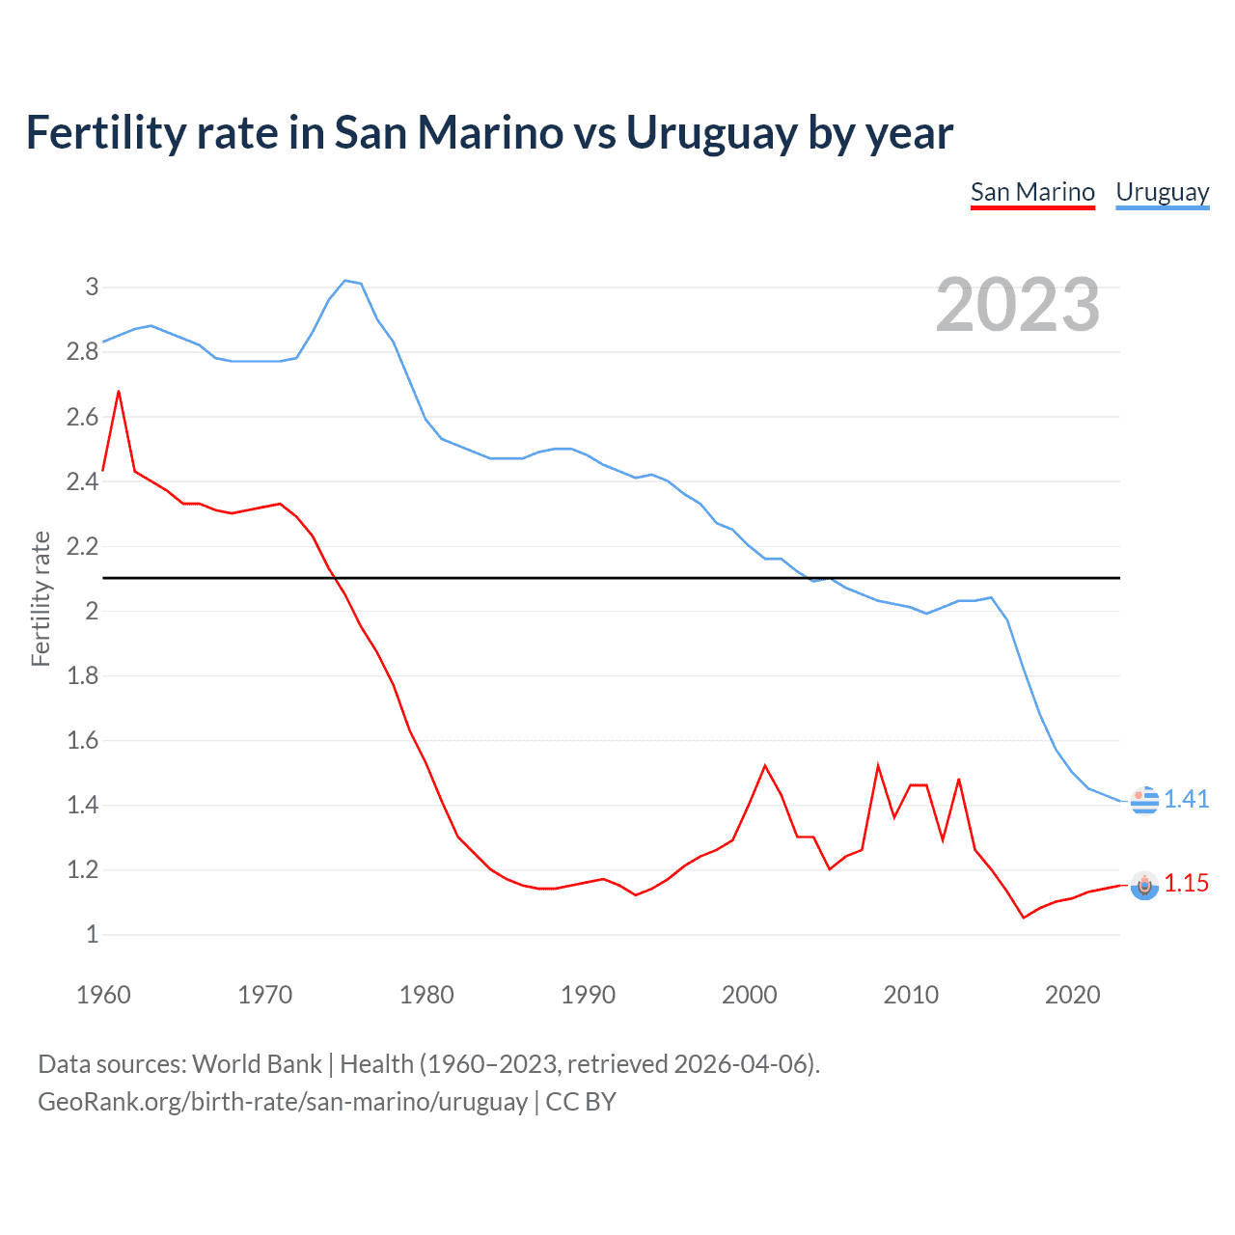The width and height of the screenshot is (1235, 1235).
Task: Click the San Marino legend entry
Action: pyautogui.click(x=1032, y=192)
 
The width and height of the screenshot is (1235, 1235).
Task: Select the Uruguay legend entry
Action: pyautogui.click(x=1162, y=192)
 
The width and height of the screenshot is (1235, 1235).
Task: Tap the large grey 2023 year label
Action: pyautogui.click(x=1018, y=305)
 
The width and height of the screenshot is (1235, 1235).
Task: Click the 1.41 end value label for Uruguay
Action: pyautogui.click(x=1186, y=799)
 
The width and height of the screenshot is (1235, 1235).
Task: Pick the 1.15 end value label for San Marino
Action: pyautogui.click(x=1186, y=883)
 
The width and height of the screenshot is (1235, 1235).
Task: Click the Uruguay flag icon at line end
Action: pyautogui.click(x=1144, y=800)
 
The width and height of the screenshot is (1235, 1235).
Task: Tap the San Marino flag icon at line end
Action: pyautogui.click(x=1144, y=885)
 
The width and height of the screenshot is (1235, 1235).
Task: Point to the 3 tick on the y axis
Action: pyautogui.click(x=93, y=287)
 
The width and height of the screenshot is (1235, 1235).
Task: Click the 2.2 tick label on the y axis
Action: pyautogui.click(x=83, y=546)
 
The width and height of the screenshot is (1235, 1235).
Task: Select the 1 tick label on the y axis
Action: pyautogui.click(x=93, y=934)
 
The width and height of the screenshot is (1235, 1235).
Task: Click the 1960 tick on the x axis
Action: pyautogui.click(x=103, y=995)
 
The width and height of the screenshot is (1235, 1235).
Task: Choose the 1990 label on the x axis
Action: pyautogui.click(x=588, y=995)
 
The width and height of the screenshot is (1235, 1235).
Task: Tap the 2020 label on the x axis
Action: pyautogui.click(x=1072, y=995)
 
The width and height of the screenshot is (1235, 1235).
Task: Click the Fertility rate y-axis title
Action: pyautogui.click(x=41, y=598)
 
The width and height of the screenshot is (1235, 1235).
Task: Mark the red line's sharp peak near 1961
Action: pyautogui.click(x=119, y=392)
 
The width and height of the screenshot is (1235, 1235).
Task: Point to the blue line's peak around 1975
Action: pyautogui.click(x=345, y=281)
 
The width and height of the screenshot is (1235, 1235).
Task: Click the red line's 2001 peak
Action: pyautogui.click(x=765, y=766)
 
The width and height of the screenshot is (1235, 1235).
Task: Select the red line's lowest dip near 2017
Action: pyautogui.click(x=1024, y=918)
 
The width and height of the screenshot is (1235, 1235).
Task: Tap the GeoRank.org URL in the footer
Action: pyautogui.click(x=282, y=1102)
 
